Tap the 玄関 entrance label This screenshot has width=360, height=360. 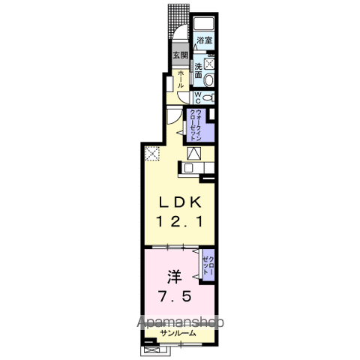click(x=180, y=55)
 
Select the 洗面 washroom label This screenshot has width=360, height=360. click(x=199, y=69)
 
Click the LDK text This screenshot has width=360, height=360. click(x=179, y=202)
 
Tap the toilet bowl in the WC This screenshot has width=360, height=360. click(x=209, y=97)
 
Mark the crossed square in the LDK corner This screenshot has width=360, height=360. click(x=152, y=153)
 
